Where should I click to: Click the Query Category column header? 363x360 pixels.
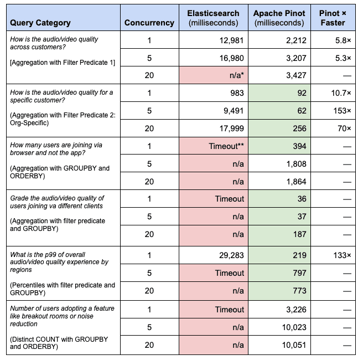[x=40, y=23]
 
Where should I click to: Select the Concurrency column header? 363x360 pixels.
[x=149, y=23]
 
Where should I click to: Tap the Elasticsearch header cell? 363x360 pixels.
[x=214, y=18]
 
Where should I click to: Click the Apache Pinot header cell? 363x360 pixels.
[x=279, y=18]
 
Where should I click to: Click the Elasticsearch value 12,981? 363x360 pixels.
[x=227, y=40]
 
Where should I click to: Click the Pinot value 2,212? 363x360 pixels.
[x=294, y=40]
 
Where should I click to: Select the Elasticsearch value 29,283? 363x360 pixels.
[x=227, y=255]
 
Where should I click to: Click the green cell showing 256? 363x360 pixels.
[x=299, y=128]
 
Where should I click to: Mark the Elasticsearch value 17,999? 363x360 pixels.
[x=227, y=128]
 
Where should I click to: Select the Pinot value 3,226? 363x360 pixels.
[x=294, y=310]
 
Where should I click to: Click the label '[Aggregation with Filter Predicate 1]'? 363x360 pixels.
[x=63, y=62]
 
